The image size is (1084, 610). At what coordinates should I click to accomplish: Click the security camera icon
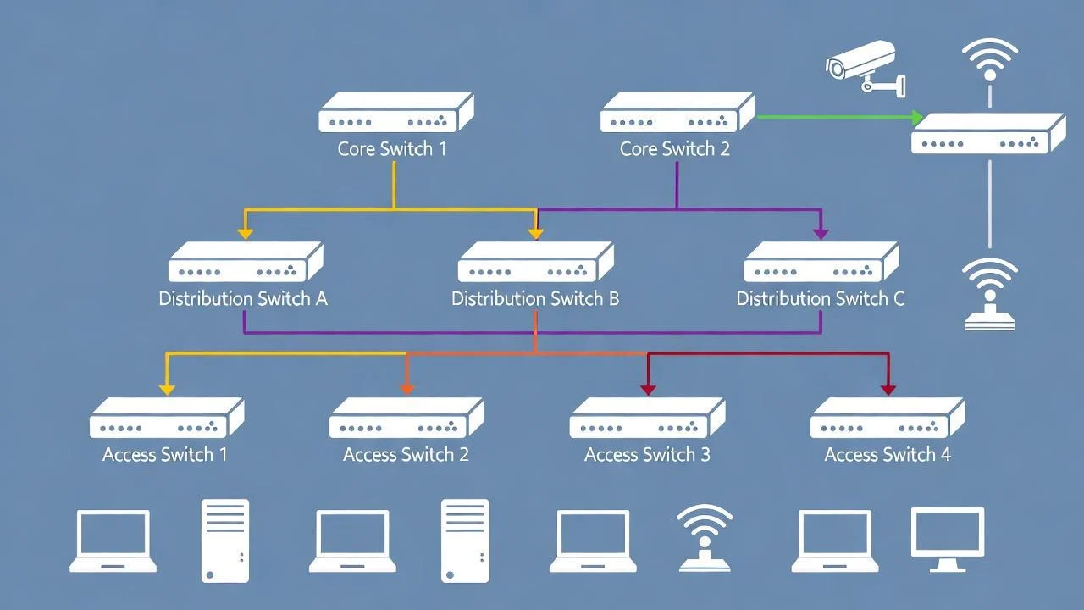(x=864, y=66)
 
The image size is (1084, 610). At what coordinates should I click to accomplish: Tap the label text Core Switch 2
(x=675, y=149)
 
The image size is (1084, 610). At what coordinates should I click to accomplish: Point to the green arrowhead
(x=917, y=117)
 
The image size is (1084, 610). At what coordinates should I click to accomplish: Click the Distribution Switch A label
(x=243, y=299)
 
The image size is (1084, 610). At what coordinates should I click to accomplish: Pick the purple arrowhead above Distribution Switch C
(x=820, y=232)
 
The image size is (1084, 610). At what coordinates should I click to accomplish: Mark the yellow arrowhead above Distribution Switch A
(x=245, y=232)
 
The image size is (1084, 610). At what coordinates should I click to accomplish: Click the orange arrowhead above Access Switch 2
(x=406, y=388)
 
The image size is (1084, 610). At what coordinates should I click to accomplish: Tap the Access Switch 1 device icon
(x=166, y=419)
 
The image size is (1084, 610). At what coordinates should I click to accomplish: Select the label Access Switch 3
(x=647, y=455)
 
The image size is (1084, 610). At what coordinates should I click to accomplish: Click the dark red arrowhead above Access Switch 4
(x=888, y=388)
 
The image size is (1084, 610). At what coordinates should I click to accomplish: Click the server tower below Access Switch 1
(x=225, y=541)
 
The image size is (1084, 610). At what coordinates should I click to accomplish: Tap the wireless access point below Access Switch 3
(x=705, y=537)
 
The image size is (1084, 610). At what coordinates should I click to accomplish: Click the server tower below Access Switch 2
(x=465, y=541)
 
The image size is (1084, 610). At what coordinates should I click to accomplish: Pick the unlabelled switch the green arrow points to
(x=987, y=134)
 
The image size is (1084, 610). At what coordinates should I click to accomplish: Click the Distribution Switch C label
(x=820, y=299)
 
